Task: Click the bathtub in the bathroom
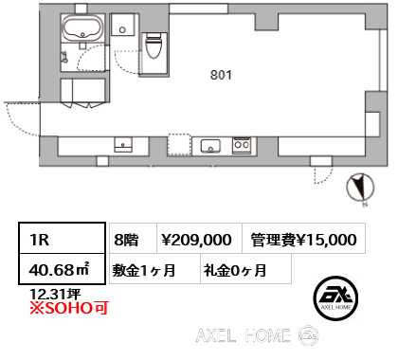pyautogui.click(x=83, y=27)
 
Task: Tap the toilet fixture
pyautogui.click(x=154, y=46)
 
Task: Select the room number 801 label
pyautogui.click(x=221, y=75)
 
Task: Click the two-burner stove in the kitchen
pyautogui.click(x=242, y=145)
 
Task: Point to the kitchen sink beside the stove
pyautogui.click(x=210, y=146)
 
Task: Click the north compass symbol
pyautogui.click(x=360, y=188)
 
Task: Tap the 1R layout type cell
pyautogui.click(x=62, y=238)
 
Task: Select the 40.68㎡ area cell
pyautogui.click(x=62, y=269)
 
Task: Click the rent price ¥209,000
pyautogui.click(x=199, y=239)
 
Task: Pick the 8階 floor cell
pyautogui.click(x=133, y=239)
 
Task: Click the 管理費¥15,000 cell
pyautogui.click(x=303, y=239)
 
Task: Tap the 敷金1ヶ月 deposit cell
pyautogui.click(x=154, y=269)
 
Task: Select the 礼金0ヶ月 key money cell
pyautogui.click(x=245, y=269)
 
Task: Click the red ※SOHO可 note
pyautogui.click(x=69, y=308)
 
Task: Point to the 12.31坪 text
pyautogui.click(x=55, y=294)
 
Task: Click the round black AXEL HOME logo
pyautogui.click(x=335, y=298)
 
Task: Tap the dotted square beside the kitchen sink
pyautogui.click(x=179, y=145)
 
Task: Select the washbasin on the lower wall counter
pyautogui.click(x=123, y=145)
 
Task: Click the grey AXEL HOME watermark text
pyautogui.click(x=244, y=335)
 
